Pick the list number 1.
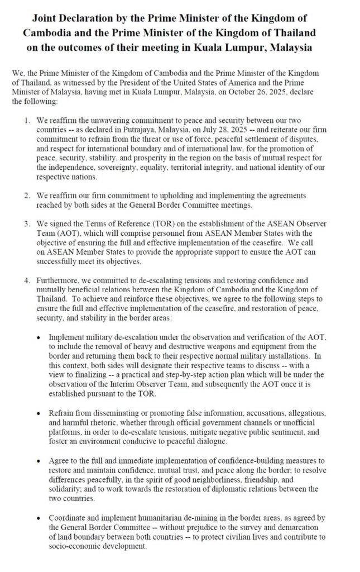[27, 119]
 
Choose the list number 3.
[27, 222]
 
